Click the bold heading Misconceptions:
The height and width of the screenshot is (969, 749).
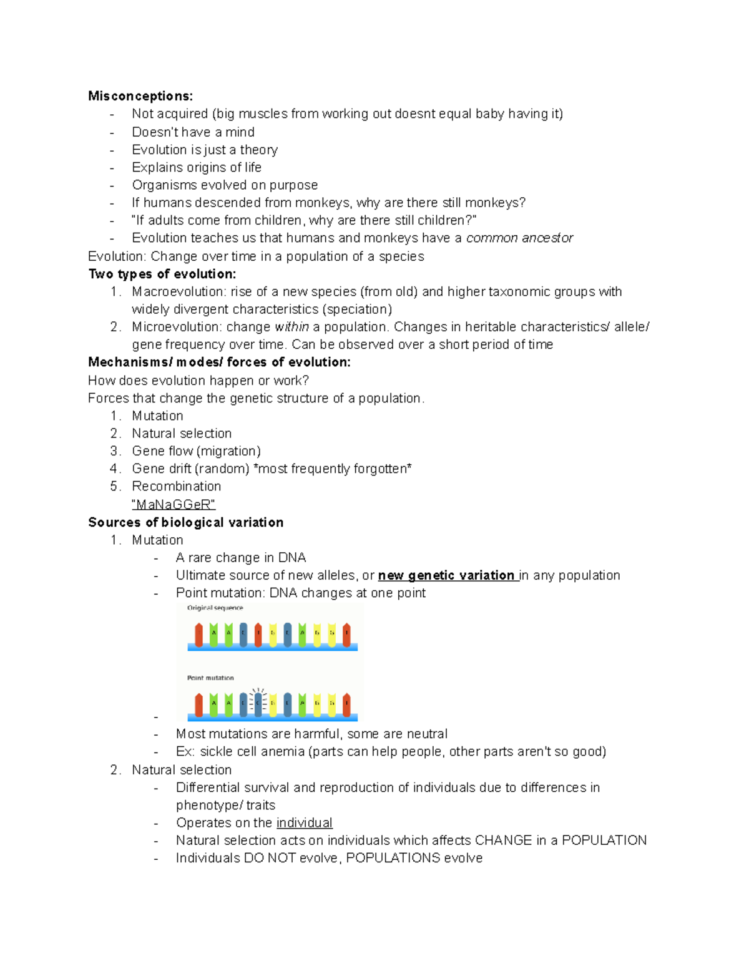coord(140,96)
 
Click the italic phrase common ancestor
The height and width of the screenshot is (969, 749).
coord(519,238)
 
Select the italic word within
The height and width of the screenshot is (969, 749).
coord(291,327)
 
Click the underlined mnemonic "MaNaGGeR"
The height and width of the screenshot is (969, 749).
coord(174,504)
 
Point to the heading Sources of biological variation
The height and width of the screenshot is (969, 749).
coord(186,522)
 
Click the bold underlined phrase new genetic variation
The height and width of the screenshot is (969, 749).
coord(447,575)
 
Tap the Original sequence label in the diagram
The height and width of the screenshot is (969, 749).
coord(215,608)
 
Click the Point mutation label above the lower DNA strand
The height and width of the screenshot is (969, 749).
coord(210,678)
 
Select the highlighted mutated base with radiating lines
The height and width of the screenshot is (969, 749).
coord(258,703)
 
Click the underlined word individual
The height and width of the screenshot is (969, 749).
coord(304,822)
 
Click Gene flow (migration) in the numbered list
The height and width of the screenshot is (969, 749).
coord(196,451)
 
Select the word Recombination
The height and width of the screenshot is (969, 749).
coord(176,486)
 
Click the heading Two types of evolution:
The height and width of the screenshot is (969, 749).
coord(162,274)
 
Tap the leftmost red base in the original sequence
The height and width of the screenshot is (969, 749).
coord(198,634)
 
